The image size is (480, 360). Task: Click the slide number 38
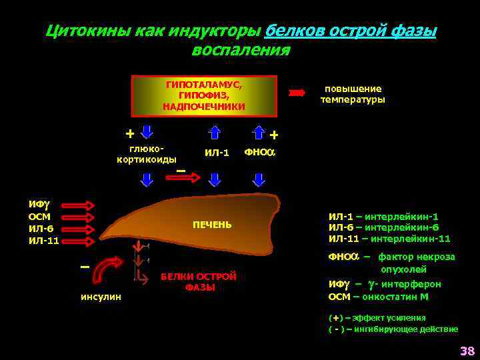(x=467, y=351)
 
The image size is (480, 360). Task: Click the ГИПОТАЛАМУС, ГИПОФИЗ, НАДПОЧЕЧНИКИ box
(x=204, y=96)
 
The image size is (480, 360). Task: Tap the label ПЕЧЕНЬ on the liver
(x=212, y=225)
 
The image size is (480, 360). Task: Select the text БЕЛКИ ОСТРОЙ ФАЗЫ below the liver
(x=199, y=281)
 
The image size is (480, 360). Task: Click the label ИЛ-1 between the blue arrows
(x=217, y=153)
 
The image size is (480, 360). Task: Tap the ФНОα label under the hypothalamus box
(x=259, y=152)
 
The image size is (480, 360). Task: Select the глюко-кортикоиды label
(x=147, y=154)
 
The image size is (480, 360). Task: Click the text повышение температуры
(x=352, y=94)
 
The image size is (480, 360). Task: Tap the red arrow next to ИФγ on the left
(x=81, y=205)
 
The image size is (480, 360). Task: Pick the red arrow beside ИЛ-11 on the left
(x=81, y=239)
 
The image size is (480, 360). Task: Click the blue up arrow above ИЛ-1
(x=216, y=132)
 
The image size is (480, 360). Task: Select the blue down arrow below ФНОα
(x=259, y=179)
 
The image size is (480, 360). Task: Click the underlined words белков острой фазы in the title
(x=351, y=31)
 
